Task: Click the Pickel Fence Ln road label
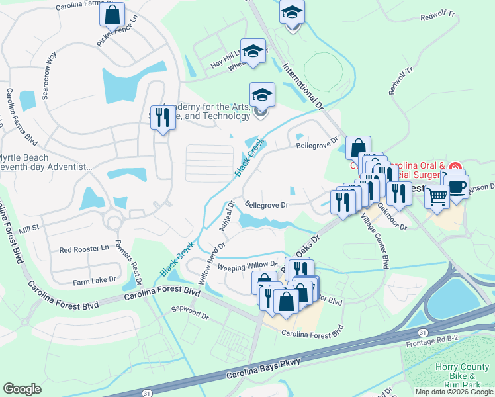[119, 29]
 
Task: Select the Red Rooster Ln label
[84, 249]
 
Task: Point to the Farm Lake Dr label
[95, 281]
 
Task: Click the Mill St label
[30, 228]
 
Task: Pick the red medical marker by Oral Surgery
[454, 168]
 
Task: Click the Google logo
[22, 388]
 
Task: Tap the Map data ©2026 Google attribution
[454, 392]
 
